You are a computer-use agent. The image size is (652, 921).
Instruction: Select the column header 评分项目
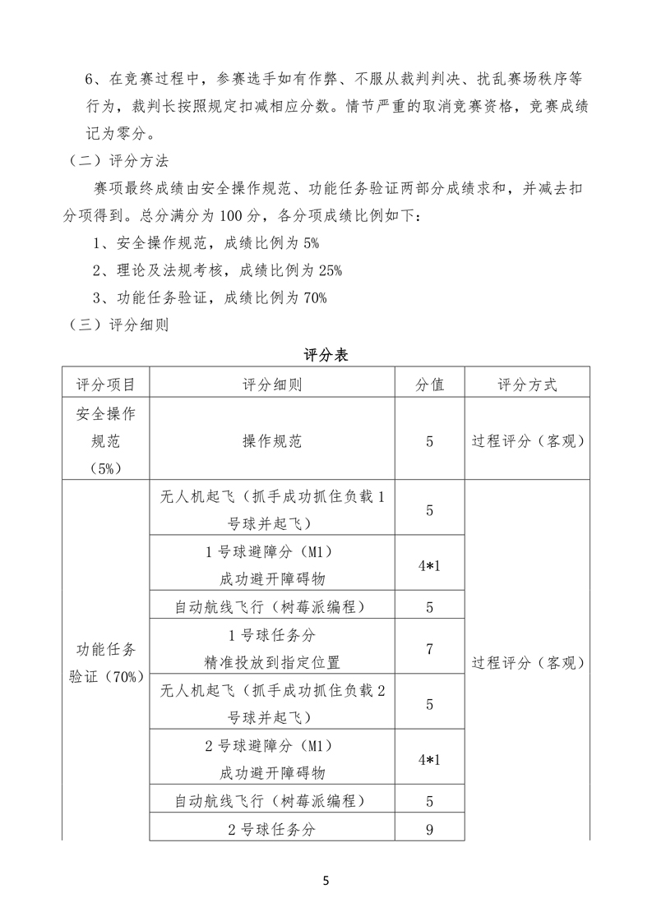[106, 385]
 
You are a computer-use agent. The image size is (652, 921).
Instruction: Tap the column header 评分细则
[272, 385]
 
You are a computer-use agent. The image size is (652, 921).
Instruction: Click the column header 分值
[430, 385]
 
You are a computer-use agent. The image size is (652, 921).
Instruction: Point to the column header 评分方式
[527, 385]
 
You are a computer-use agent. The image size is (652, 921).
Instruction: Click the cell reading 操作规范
[272, 441]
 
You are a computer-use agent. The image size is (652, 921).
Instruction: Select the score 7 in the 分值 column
[430, 649]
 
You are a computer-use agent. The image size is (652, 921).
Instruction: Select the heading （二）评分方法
[116, 162]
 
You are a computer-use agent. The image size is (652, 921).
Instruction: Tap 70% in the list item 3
[315, 297]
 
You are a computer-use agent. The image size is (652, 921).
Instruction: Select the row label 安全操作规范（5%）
[106, 441]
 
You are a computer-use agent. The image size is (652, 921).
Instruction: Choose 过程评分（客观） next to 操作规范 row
[527, 441]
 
